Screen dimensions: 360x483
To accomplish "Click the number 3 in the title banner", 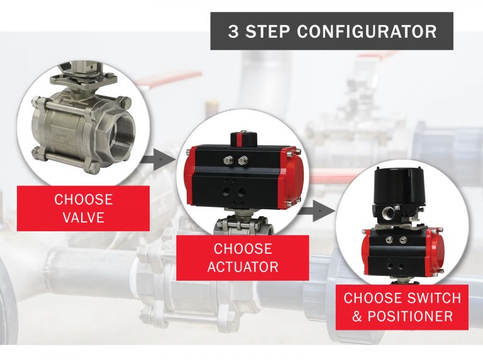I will (233, 32).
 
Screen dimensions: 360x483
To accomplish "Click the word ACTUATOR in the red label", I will (242, 266).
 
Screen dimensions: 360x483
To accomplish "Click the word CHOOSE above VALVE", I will (83, 200).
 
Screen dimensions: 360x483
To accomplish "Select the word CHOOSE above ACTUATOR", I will (242, 248).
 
